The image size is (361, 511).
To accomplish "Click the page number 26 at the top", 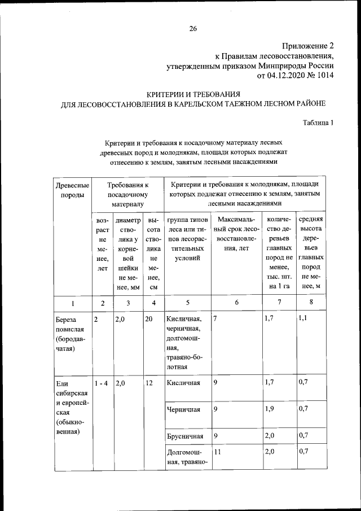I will pyautogui.click(x=192, y=29).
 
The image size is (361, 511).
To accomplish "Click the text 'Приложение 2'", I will pyautogui.click(x=307, y=46).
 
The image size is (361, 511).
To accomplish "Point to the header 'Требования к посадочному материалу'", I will pyautogui.click(x=127, y=194).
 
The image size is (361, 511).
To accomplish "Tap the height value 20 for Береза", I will pyautogui.click(x=149, y=319).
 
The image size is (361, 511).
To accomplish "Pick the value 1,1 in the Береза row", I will pyautogui.click(x=304, y=319).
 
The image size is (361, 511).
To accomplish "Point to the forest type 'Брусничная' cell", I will pyautogui.click(x=185, y=436).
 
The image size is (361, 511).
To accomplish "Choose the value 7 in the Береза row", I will pyautogui.click(x=215, y=319).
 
